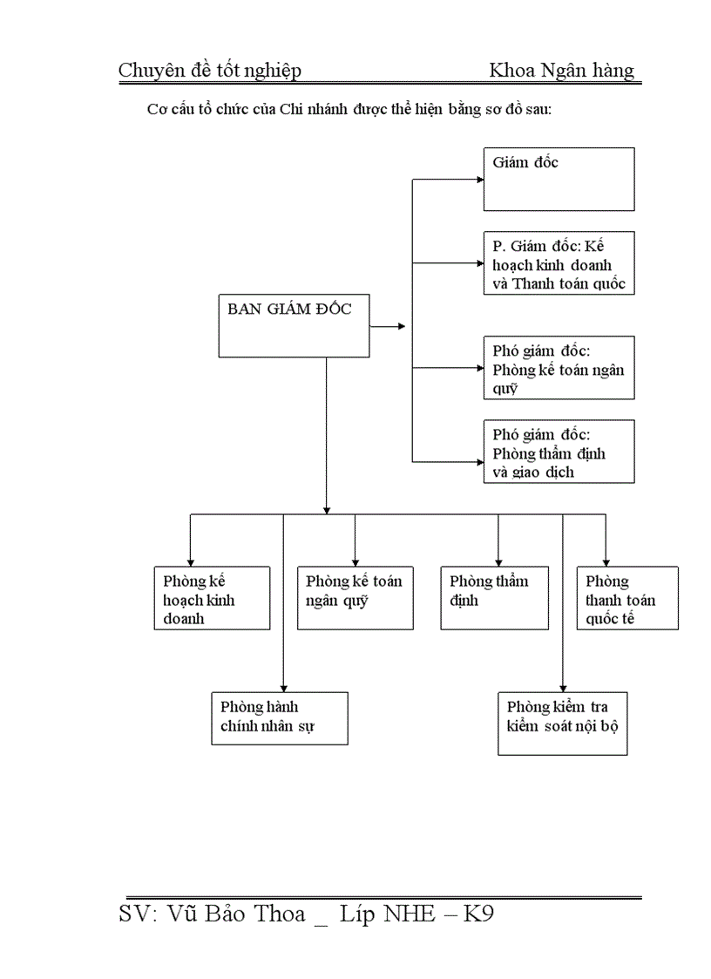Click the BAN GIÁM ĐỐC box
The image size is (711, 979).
pyautogui.click(x=293, y=325)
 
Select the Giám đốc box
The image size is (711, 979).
pyautogui.click(x=559, y=179)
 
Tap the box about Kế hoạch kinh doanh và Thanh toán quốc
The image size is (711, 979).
pyautogui.click(x=559, y=262)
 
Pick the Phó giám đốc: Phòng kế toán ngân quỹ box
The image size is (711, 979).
pyautogui.click(x=559, y=367)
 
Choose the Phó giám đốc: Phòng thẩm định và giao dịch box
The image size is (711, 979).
pyautogui.click(x=559, y=451)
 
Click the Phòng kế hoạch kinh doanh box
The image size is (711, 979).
pyautogui.click(x=213, y=598)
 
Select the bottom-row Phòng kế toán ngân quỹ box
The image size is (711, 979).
pyautogui.click(x=355, y=598)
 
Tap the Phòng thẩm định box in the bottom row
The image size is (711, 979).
pyautogui.click(x=494, y=598)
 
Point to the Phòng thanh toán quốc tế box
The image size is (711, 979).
pyautogui.click(x=626, y=598)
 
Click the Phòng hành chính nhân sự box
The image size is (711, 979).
pyautogui.click(x=279, y=717)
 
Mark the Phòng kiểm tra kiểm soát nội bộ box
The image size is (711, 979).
pyautogui.click(x=563, y=723)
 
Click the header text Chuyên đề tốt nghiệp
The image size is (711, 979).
pyautogui.click(x=210, y=71)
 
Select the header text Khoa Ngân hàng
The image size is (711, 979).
pyautogui.click(x=562, y=71)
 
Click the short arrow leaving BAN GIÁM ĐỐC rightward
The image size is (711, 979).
pyautogui.click(x=389, y=326)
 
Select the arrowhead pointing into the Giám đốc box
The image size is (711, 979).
pyautogui.click(x=478, y=180)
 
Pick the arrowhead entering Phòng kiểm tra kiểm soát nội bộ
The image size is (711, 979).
pyautogui.click(x=563, y=687)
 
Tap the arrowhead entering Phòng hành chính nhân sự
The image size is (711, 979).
pyautogui.click(x=283, y=687)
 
